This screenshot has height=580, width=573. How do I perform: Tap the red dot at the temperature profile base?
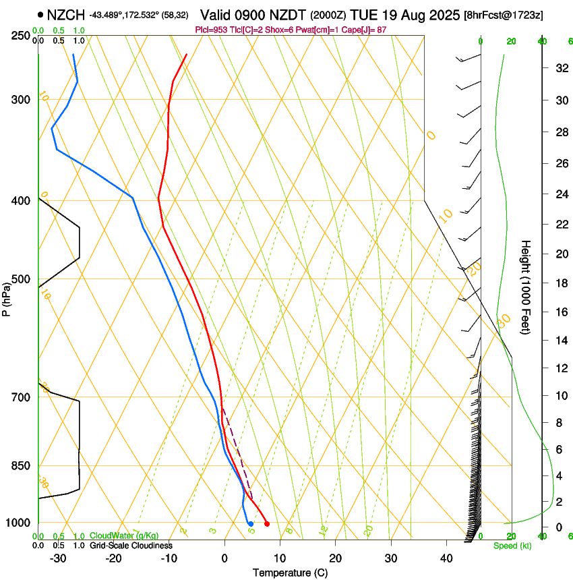[267, 523]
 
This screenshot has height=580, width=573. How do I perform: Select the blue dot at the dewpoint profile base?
[251, 523]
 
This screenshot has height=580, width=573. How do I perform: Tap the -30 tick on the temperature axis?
[58, 558]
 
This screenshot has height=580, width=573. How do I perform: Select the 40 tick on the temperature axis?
[446, 558]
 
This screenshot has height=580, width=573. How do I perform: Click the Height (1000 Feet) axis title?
[526, 287]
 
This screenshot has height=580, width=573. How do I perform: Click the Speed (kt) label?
[512, 546]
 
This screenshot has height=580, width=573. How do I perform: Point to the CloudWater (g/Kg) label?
[124, 536]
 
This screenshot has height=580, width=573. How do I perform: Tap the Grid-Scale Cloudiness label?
[131, 546]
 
